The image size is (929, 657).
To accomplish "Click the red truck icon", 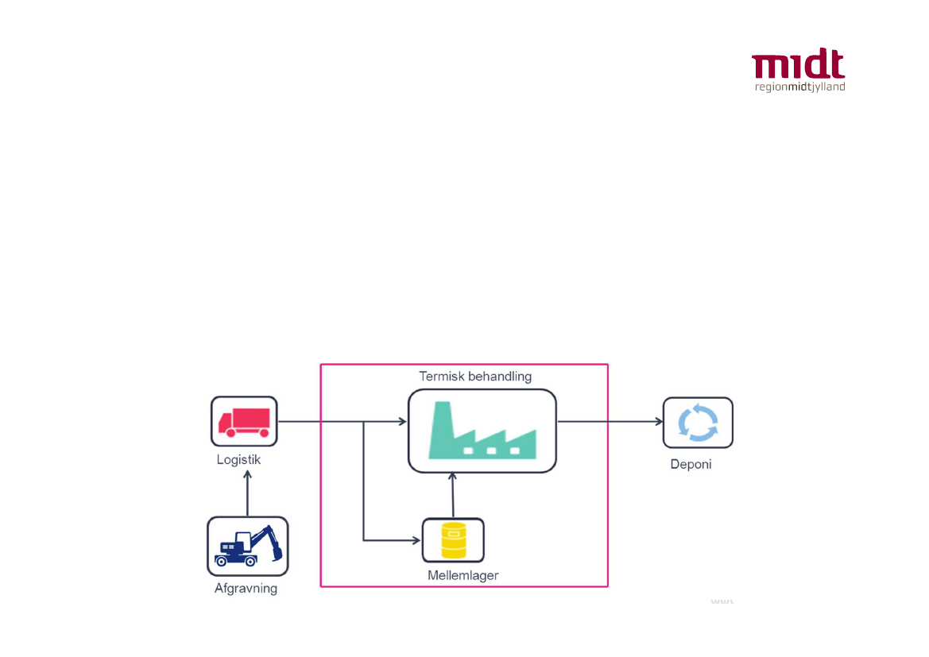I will click(244, 421).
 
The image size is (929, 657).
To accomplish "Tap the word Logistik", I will click(238, 459).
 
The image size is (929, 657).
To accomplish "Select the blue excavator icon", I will click(247, 546).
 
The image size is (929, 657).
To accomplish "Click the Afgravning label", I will click(246, 589).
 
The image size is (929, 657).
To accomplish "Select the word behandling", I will click(501, 376).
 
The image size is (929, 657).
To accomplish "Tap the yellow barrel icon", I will click(453, 540).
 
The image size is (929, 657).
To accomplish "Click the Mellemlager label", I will click(463, 575).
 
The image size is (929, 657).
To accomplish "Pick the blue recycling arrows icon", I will click(698, 422).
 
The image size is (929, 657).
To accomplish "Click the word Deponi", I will click(691, 464).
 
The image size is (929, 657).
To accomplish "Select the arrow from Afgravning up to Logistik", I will click(247, 493).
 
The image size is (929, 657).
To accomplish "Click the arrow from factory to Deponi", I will click(610, 422).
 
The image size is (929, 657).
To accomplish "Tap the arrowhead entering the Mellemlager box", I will click(416, 540).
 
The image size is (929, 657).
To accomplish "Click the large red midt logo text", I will click(798, 66).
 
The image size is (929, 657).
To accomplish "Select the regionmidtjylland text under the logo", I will click(799, 87).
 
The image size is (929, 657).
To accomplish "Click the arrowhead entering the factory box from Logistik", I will click(402, 422).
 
